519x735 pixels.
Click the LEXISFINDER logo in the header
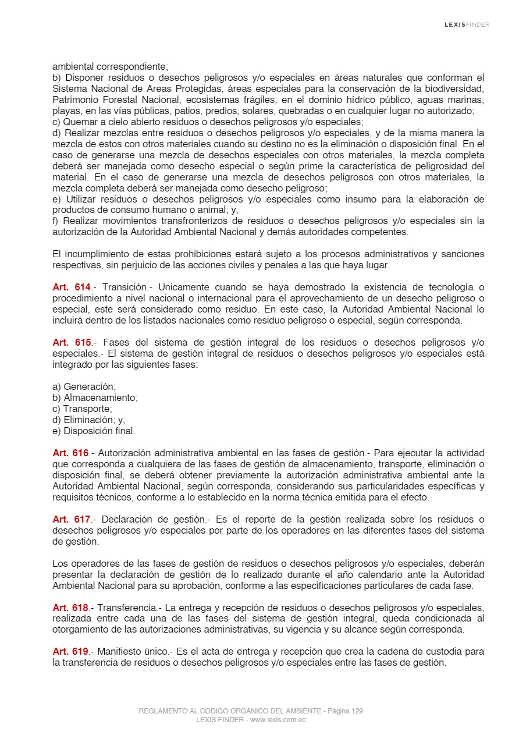tap(467, 24)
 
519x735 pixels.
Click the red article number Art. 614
tap(72, 287)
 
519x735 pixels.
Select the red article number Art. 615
tap(72, 343)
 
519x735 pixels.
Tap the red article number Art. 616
tap(72, 453)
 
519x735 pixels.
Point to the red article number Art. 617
tap(72, 519)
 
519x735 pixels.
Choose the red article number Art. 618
tap(72, 608)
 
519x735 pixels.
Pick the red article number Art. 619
tap(72, 652)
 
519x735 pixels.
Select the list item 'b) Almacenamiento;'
tap(95, 398)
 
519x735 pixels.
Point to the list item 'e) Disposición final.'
tap(94, 431)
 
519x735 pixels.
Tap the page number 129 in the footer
tap(357, 711)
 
